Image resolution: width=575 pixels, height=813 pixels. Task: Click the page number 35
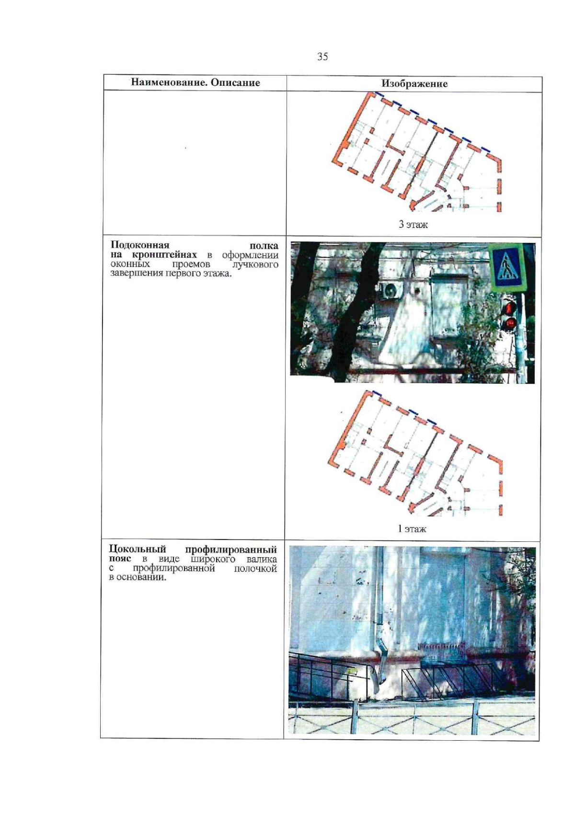click(322, 57)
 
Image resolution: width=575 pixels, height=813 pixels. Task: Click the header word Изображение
click(414, 84)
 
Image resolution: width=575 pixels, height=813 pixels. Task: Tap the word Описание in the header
click(235, 82)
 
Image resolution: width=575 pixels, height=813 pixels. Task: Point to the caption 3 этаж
click(413, 224)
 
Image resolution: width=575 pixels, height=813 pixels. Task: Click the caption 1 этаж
click(412, 529)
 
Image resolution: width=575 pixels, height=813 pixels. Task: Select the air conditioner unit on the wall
click(391, 290)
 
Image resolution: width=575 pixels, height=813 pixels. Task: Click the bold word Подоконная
click(140, 245)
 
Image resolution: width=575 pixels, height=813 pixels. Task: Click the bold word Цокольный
click(138, 549)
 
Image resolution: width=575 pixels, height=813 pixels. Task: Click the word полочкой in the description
click(255, 568)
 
